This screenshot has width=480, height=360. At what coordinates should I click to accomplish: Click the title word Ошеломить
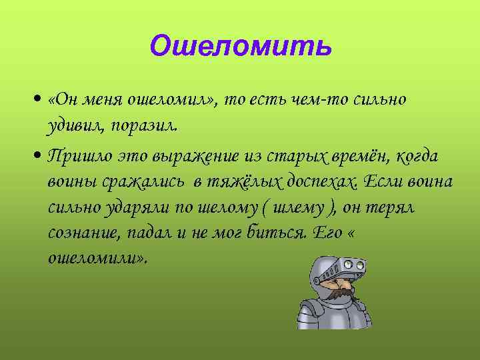240,46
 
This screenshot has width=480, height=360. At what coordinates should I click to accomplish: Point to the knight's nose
343,281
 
